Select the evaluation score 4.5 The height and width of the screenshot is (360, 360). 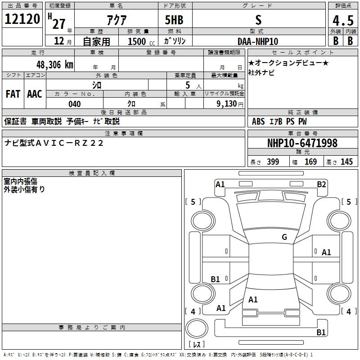342,21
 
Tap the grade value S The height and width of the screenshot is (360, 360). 258,20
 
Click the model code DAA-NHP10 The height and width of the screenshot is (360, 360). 258,41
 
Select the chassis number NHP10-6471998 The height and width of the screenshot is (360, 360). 302,143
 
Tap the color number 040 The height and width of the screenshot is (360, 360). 74,104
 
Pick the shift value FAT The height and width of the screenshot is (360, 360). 13,94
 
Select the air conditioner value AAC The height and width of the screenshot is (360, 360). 35,94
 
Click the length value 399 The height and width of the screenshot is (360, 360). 273,162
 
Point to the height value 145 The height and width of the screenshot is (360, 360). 346,162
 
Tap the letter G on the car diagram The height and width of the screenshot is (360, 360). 284,237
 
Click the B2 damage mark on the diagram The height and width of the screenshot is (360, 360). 321,184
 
